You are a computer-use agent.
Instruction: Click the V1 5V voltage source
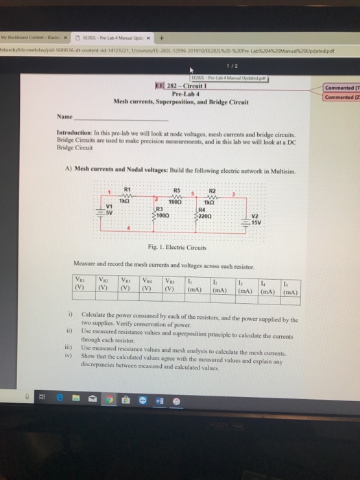click(109, 208)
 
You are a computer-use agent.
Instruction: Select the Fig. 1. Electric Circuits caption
click(181, 247)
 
